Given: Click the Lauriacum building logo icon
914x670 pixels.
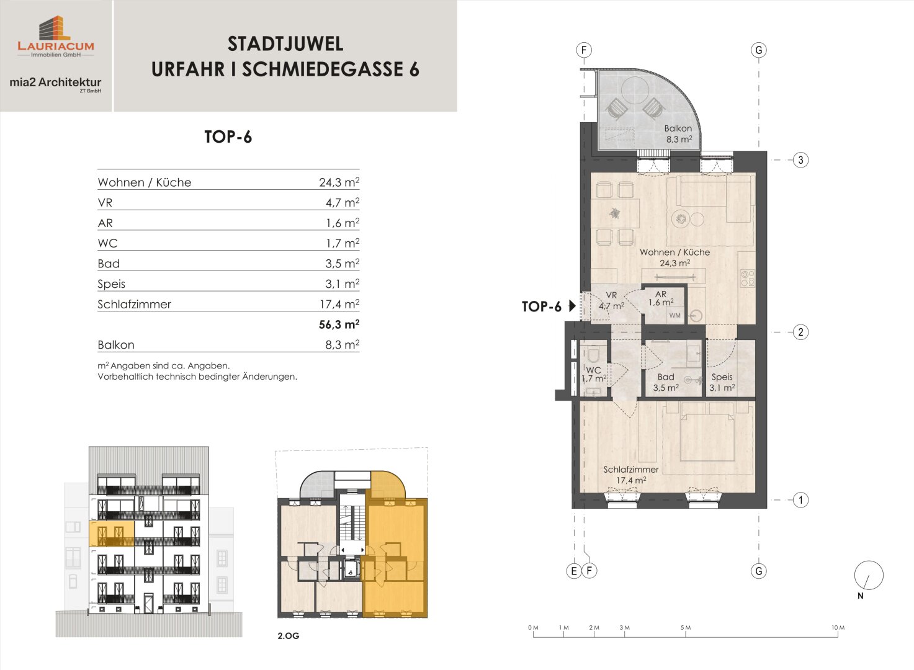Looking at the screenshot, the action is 55,28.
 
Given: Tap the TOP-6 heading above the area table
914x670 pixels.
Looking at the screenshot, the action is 228,136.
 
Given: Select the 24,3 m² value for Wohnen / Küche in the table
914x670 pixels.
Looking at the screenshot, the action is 339,182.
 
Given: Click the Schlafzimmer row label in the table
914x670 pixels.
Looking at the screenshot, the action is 134,304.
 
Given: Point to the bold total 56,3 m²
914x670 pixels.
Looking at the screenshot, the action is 339,324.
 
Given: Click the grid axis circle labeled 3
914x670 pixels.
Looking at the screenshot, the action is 800,160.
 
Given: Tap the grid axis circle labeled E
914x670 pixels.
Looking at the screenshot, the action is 574,571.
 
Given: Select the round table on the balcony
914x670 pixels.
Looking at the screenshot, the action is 635,90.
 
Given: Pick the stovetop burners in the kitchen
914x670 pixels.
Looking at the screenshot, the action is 748,278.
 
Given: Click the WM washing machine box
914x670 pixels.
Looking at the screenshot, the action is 675,315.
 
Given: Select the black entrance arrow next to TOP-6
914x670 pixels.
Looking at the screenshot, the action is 572,306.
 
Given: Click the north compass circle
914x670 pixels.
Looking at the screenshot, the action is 869,575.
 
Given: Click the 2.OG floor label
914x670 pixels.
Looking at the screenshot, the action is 289,636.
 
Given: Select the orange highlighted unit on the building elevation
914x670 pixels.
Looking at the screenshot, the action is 112,534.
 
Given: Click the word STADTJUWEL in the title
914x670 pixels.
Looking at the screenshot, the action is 285,44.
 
